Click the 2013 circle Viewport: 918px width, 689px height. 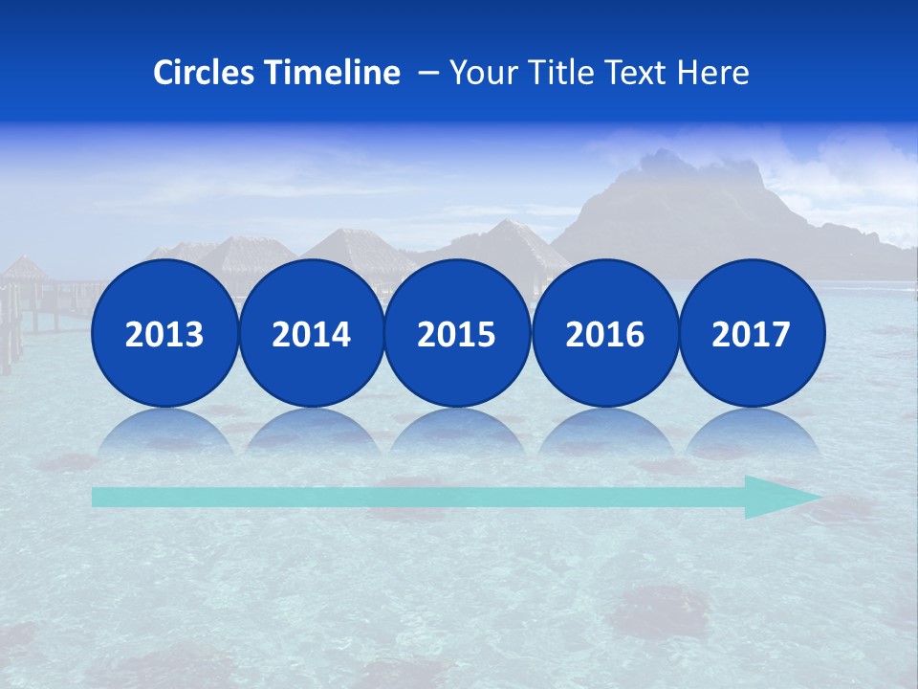click(x=164, y=333)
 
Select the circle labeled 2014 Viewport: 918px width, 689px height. click(x=311, y=333)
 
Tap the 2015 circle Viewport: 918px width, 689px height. click(x=457, y=333)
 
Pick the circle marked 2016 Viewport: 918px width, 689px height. click(x=604, y=333)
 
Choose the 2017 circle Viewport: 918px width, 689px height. click(x=751, y=333)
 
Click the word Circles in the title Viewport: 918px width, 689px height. click(x=205, y=73)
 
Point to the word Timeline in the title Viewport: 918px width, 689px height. click(x=334, y=73)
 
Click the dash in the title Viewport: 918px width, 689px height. click(x=427, y=73)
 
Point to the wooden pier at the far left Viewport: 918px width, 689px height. click(x=29, y=306)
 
